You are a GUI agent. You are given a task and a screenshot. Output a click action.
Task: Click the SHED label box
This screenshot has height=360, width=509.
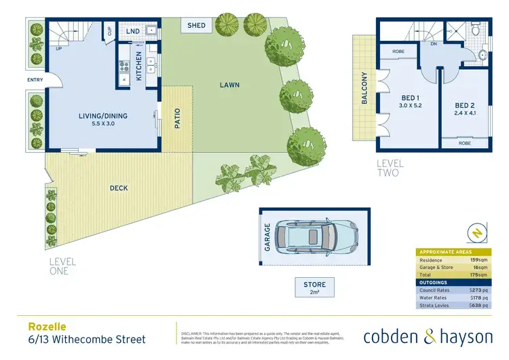coord(196,25)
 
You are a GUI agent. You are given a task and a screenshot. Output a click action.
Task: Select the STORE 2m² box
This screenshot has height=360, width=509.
coord(314,287)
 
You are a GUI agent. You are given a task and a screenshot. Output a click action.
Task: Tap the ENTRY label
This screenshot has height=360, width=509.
coord(35,80)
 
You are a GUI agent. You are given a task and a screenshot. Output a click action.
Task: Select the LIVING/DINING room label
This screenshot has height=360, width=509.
coord(103,116)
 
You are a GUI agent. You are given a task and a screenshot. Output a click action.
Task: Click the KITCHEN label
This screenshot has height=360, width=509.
coord(139,67)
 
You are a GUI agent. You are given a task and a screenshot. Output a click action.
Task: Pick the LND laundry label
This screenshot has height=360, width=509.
coord(134,31)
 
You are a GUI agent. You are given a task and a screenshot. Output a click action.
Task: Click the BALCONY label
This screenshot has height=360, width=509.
coord(364,88)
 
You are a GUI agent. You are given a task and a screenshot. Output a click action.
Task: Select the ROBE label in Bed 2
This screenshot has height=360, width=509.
coord(464,144)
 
